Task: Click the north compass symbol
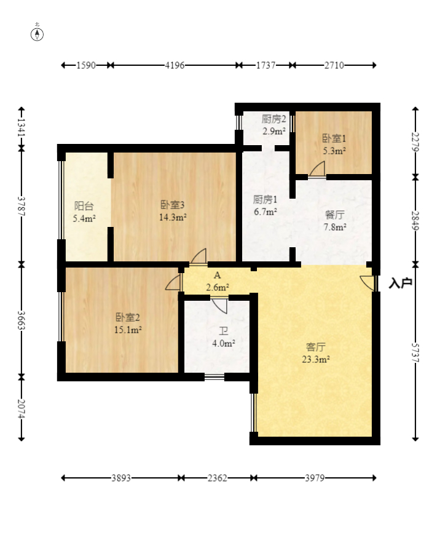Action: point(37,34)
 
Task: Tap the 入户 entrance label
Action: point(400,283)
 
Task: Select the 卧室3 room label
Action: point(172,204)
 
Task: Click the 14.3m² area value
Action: point(173,217)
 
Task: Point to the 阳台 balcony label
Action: point(84,206)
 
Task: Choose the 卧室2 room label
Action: point(127,317)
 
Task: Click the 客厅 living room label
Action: point(315,347)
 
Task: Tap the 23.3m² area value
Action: point(316,359)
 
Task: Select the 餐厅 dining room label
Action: point(334,215)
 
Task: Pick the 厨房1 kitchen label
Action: point(265,199)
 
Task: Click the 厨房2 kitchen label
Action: point(274,119)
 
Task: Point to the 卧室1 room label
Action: point(334,138)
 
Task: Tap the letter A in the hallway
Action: point(218,275)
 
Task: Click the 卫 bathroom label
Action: point(224,331)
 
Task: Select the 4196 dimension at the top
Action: point(175,65)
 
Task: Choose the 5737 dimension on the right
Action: point(415,352)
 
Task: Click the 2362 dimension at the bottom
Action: point(218,478)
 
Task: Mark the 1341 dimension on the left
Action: point(22,129)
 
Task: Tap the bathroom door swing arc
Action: point(219,306)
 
